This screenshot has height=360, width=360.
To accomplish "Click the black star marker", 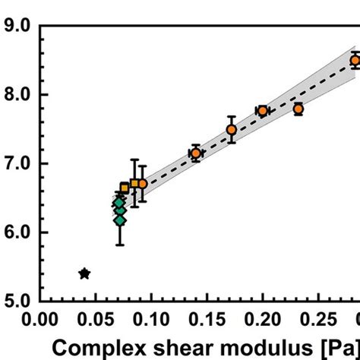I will click(x=84, y=273).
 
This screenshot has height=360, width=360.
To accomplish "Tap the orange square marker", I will click(x=125, y=187).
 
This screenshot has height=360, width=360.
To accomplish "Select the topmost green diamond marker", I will click(x=119, y=203).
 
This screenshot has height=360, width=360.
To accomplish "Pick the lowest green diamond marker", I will click(x=119, y=220).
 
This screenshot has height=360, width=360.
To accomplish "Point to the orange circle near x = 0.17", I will click(x=232, y=130).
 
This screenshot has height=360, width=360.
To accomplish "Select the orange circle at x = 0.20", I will click(x=263, y=111).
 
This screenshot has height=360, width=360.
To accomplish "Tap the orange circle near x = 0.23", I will click(x=298, y=109).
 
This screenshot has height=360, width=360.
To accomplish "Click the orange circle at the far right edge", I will click(x=355, y=60).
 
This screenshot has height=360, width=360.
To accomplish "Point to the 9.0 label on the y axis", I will click(x=18, y=26).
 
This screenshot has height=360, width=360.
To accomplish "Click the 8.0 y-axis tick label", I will click(x=18, y=95).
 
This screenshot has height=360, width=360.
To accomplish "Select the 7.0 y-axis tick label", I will click(x=18, y=163).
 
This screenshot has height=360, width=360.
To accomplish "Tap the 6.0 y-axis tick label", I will click(x=18, y=232).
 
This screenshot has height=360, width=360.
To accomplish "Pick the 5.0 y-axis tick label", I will click(x=18, y=301).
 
